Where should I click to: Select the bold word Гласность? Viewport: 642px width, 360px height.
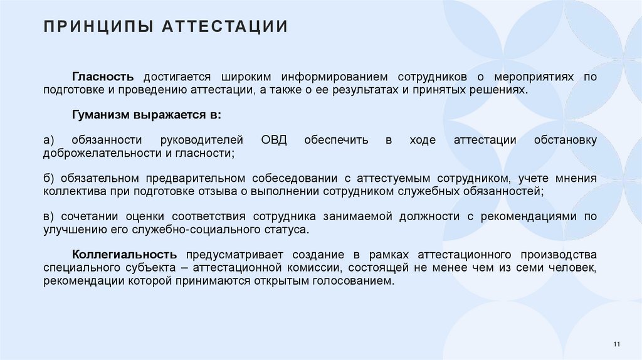click(x=103, y=77)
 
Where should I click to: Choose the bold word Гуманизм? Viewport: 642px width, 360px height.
click(x=100, y=115)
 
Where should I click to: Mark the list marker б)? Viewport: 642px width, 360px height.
click(x=50, y=178)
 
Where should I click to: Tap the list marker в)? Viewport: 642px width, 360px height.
click(x=50, y=216)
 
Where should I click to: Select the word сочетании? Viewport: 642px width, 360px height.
click(x=92, y=216)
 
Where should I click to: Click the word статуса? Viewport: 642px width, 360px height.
click(x=288, y=230)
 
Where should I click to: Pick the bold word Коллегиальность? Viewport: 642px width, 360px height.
click(x=124, y=255)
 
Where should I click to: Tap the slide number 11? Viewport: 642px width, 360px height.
click(x=616, y=344)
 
